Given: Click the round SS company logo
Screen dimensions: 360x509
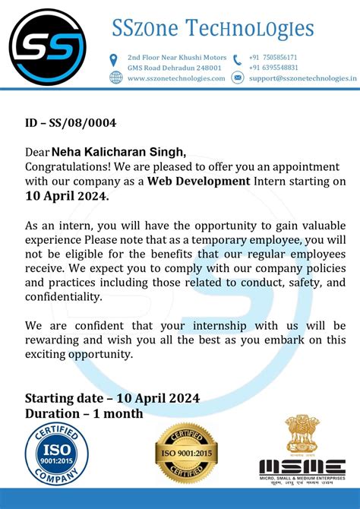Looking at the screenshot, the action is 52,51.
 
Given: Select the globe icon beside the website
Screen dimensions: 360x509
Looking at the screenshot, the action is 116,77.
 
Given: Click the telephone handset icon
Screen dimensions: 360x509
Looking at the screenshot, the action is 238,60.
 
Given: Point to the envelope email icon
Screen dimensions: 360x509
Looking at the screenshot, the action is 238,77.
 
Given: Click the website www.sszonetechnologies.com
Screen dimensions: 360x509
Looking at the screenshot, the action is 176,78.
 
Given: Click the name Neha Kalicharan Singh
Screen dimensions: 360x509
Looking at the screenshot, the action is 117,152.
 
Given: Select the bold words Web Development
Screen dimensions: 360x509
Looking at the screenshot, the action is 198,181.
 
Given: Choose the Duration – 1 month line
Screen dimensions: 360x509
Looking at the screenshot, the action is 84,414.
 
